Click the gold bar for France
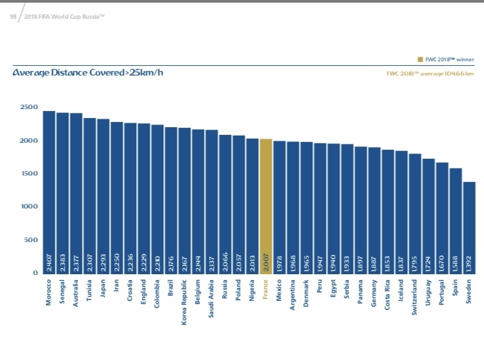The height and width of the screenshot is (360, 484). (266, 206)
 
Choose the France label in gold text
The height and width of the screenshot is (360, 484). (266, 290)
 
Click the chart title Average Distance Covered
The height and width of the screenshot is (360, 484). (88, 72)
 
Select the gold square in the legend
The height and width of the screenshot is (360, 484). (421, 59)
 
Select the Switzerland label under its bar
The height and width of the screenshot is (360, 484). (415, 297)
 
